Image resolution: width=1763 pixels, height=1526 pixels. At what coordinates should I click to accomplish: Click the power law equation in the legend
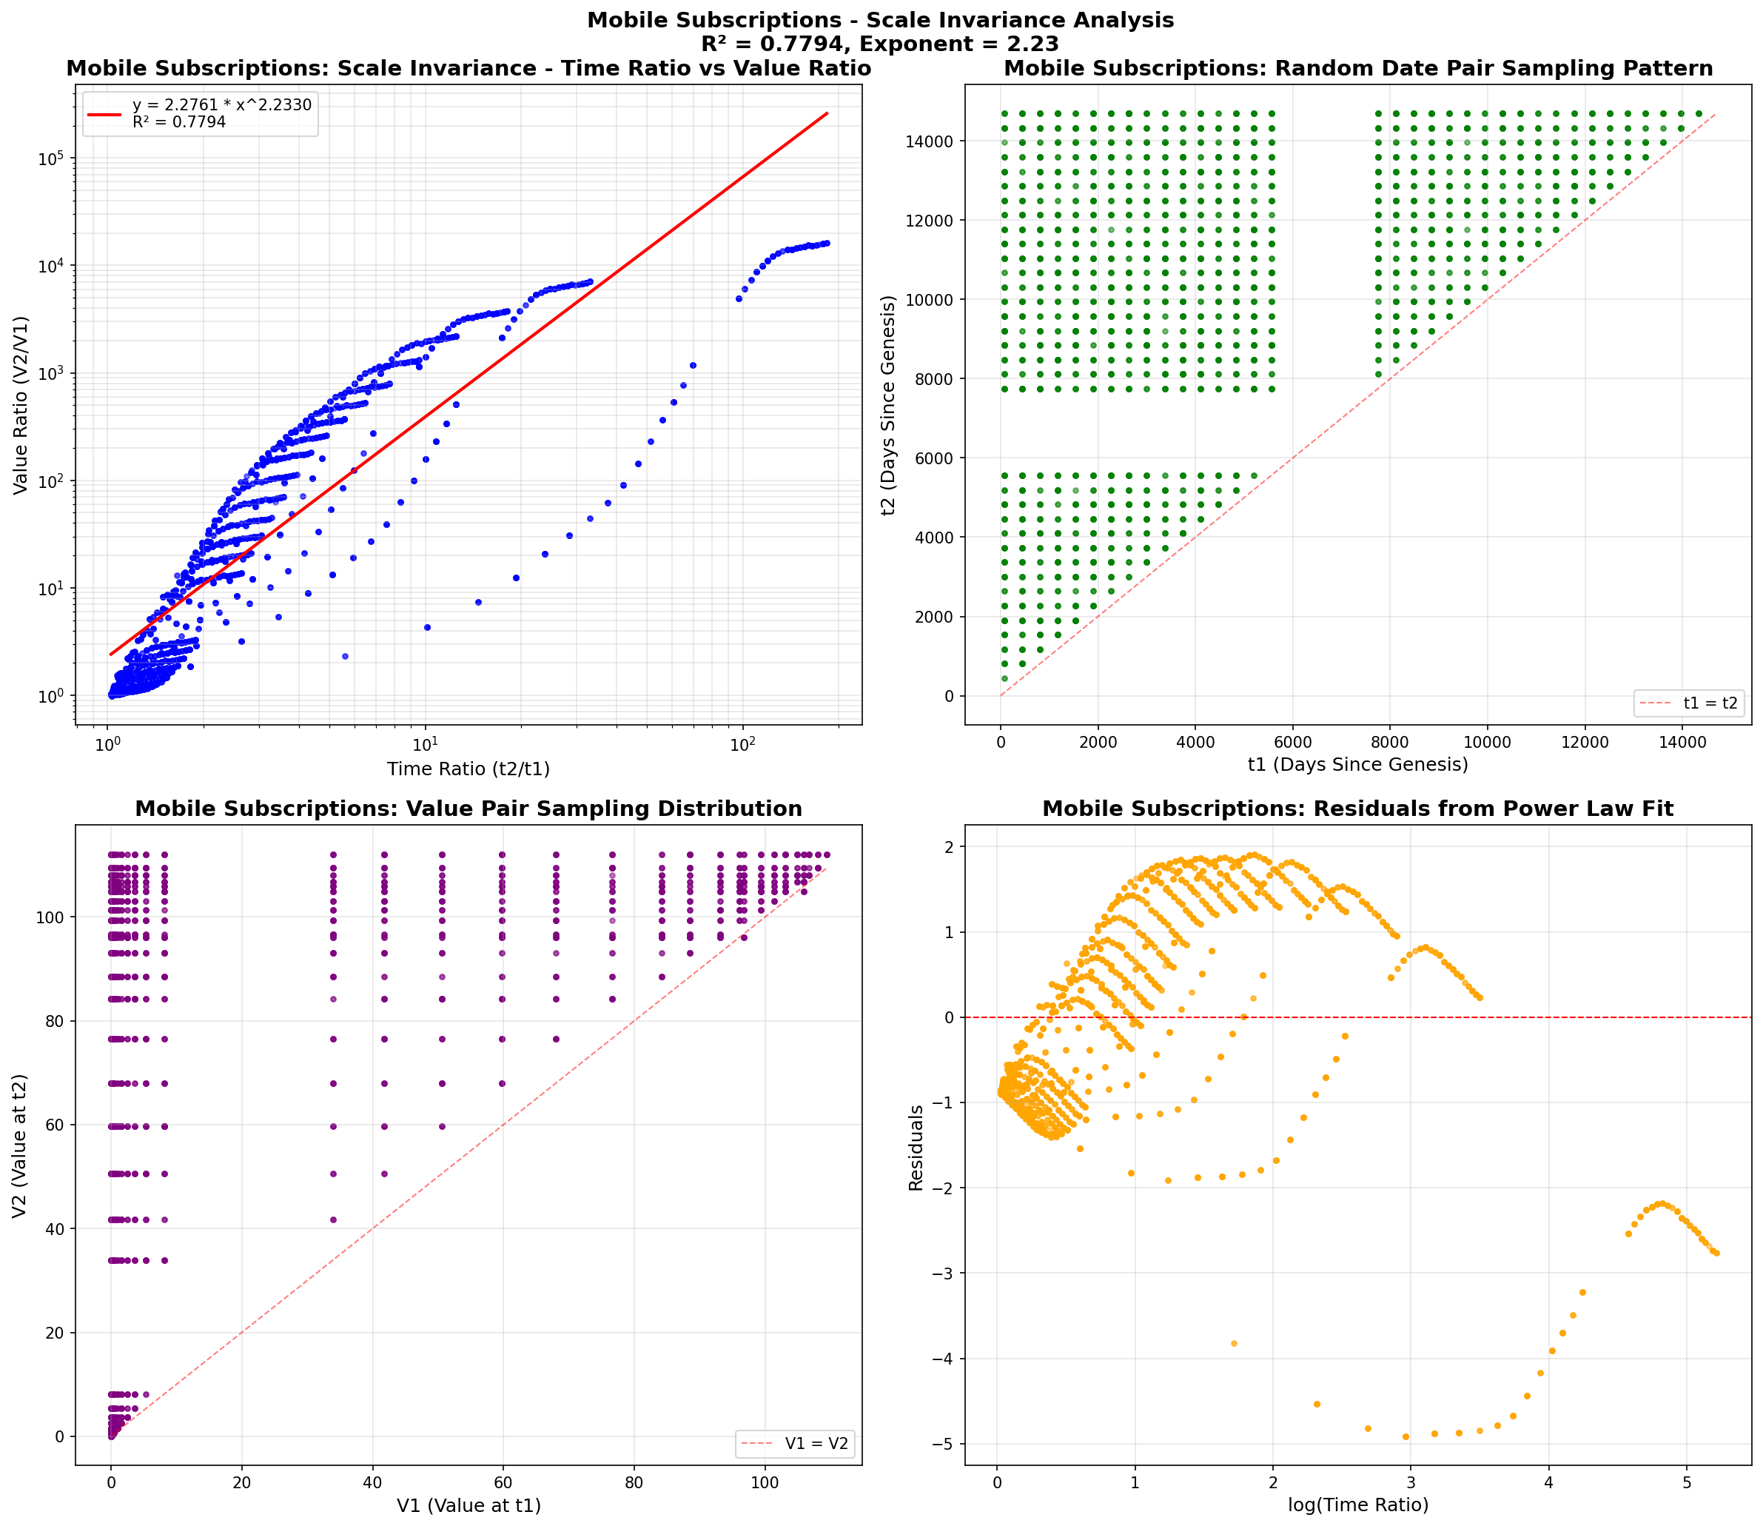(x=221, y=104)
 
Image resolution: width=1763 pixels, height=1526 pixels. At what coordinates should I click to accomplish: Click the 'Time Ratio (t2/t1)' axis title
(x=469, y=769)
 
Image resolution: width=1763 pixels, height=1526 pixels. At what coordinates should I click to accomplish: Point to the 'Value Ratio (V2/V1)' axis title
(x=21, y=405)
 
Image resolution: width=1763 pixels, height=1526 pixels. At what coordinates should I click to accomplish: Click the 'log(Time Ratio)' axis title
(x=1358, y=1505)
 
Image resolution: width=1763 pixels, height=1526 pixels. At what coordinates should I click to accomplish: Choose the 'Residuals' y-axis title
(x=916, y=1147)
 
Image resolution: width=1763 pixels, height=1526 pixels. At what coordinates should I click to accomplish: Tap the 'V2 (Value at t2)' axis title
(x=21, y=1145)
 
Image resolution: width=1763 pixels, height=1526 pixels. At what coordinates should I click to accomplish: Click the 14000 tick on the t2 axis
(x=930, y=141)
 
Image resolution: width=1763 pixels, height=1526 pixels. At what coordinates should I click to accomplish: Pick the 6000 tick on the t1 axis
(x=1292, y=742)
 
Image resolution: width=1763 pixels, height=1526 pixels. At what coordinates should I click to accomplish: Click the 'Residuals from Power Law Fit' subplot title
(x=1358, y=809)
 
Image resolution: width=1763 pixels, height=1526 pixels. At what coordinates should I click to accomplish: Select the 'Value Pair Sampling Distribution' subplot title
(x=469, y=809)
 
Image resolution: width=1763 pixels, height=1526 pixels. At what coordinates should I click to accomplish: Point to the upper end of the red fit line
(x=827, y=113)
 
